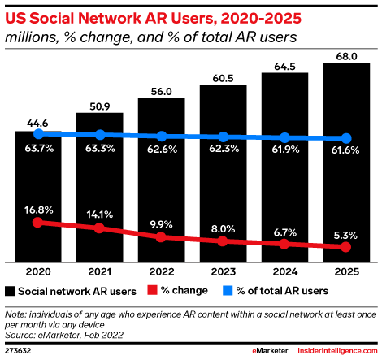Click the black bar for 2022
pyautogui.click(x=162, y=180)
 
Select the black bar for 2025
pyautogui.click(x=346, y=163)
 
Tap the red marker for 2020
pyautogui.click(x=38, y=223)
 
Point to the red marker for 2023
pyautogui.click(x=223, y=241)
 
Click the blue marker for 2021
pyautogui.click(x=100, y=135)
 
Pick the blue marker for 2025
pyautogui.click(x=346, y=138)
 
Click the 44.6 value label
pyautogui.click(x=37, y=124)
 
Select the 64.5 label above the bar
pyautogui.click(x=284, y=67)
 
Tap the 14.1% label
pyautogui.click(x=100, y=215)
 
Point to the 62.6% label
pyautogui.click(x=162, y=150)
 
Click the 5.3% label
pyautogui.click(x=345, y=236)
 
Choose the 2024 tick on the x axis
pyautogui.click(x=285, y=271)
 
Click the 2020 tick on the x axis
pyautogui.click(x=38, y=271)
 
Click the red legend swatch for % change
pyautogui.click(x=152, y=290)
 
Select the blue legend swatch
pyautogui.click(x=228, y=290)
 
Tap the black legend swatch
pyautogui.click(x=10, y=291)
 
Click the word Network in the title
pyautogui.click(x=110, y=19)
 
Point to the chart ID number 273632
pyautogui.click(x=18, y=351)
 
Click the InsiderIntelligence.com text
pyautogui.click(x=337, y=351)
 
